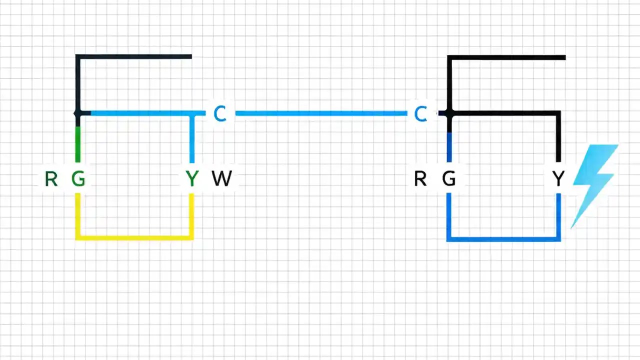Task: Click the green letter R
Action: pos(51,178)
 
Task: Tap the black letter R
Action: pos(420,178)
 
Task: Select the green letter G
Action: pos(78,178)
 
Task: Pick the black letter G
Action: pos(449,178)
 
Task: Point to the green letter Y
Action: pos(192,178)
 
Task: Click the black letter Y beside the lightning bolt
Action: pos(558,178)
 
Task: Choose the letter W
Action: pos(222,178)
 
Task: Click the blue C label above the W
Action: pos(220,114)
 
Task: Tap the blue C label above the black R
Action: pos(421,114)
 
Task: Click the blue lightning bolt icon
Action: pos(595,182)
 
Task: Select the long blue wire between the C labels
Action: pos(320,113)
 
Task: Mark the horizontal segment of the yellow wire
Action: pos(134,237)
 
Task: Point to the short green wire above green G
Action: pos(77,145)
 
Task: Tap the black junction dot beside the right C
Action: pos(449,114)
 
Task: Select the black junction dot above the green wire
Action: pos(77,114)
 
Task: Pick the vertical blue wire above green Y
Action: pos(192,142)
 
